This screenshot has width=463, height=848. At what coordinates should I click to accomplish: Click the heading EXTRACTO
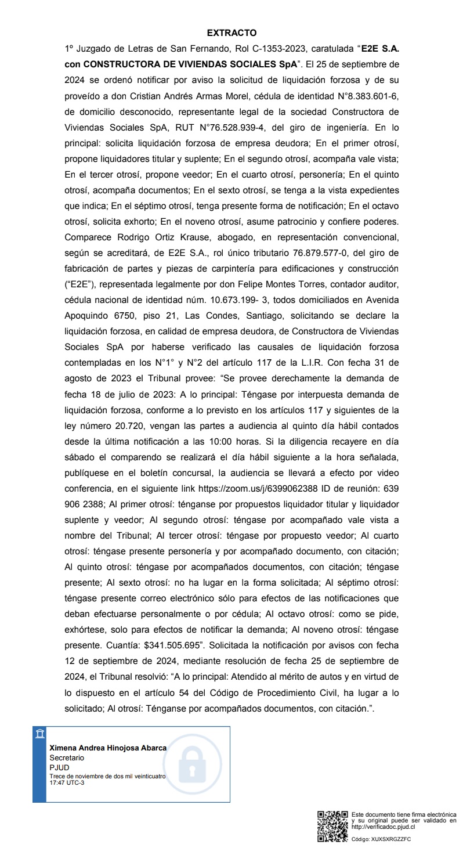(x=231, y=33)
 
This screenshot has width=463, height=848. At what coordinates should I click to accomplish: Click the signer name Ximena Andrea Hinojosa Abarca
(x=108, y=748)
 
